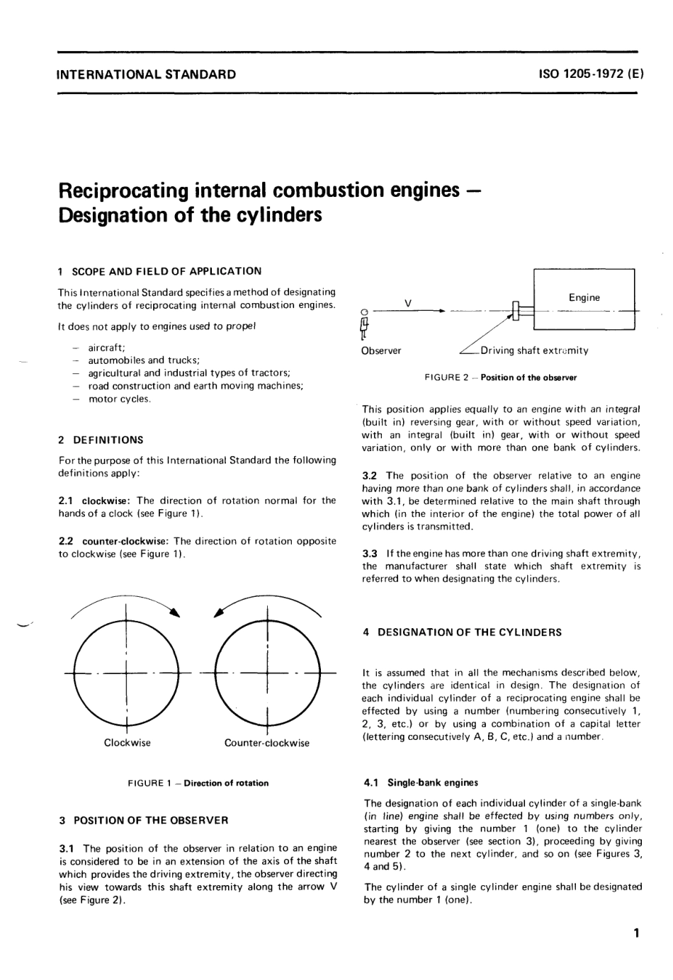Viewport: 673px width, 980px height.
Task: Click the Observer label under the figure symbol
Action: coord(381,351)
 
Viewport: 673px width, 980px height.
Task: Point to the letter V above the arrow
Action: coord(408,302)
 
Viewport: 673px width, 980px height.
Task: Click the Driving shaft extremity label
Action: coord(534,351)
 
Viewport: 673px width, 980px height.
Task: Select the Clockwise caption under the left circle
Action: coord(128,743)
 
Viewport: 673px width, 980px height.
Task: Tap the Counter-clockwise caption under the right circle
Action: coord(267,743)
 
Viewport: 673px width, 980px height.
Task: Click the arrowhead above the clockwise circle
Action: coord(174,612)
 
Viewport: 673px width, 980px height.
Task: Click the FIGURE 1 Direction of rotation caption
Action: coord(198,783)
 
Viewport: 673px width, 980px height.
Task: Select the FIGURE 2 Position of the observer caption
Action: coord(500,377)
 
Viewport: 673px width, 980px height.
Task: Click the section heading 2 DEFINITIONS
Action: coord(101,440)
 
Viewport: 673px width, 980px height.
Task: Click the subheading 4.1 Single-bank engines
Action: coord(421,782)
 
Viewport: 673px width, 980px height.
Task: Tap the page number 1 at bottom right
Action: coord(637,933)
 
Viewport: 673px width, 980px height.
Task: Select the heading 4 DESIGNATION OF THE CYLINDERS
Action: coord(462,632)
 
